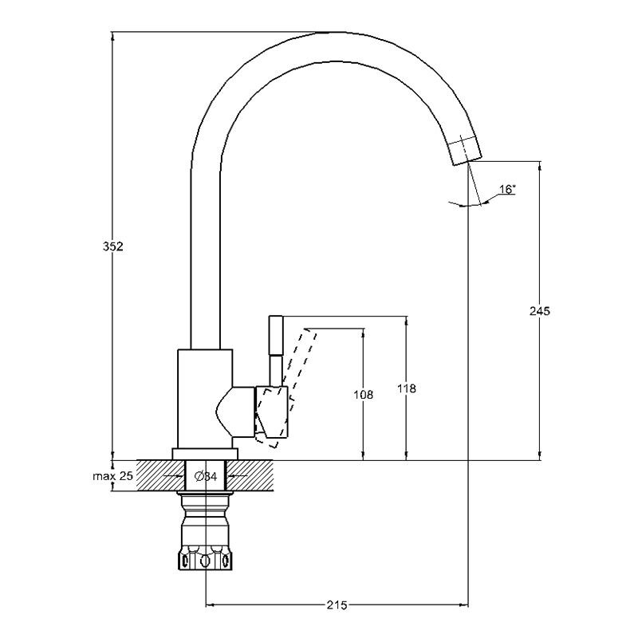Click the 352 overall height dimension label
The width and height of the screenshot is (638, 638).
113,246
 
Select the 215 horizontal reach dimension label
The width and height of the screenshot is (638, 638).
337,606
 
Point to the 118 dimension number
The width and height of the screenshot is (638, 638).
407,388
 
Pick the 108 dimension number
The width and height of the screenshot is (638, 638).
364,394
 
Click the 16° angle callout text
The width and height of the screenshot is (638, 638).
507,190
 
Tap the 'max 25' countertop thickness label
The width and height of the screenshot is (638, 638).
112,476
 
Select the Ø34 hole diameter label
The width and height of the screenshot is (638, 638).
207,477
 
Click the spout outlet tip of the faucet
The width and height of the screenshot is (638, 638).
466,152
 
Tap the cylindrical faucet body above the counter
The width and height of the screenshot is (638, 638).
204,399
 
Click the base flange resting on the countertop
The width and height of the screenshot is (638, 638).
206,455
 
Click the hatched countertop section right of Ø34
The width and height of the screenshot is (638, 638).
255,476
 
